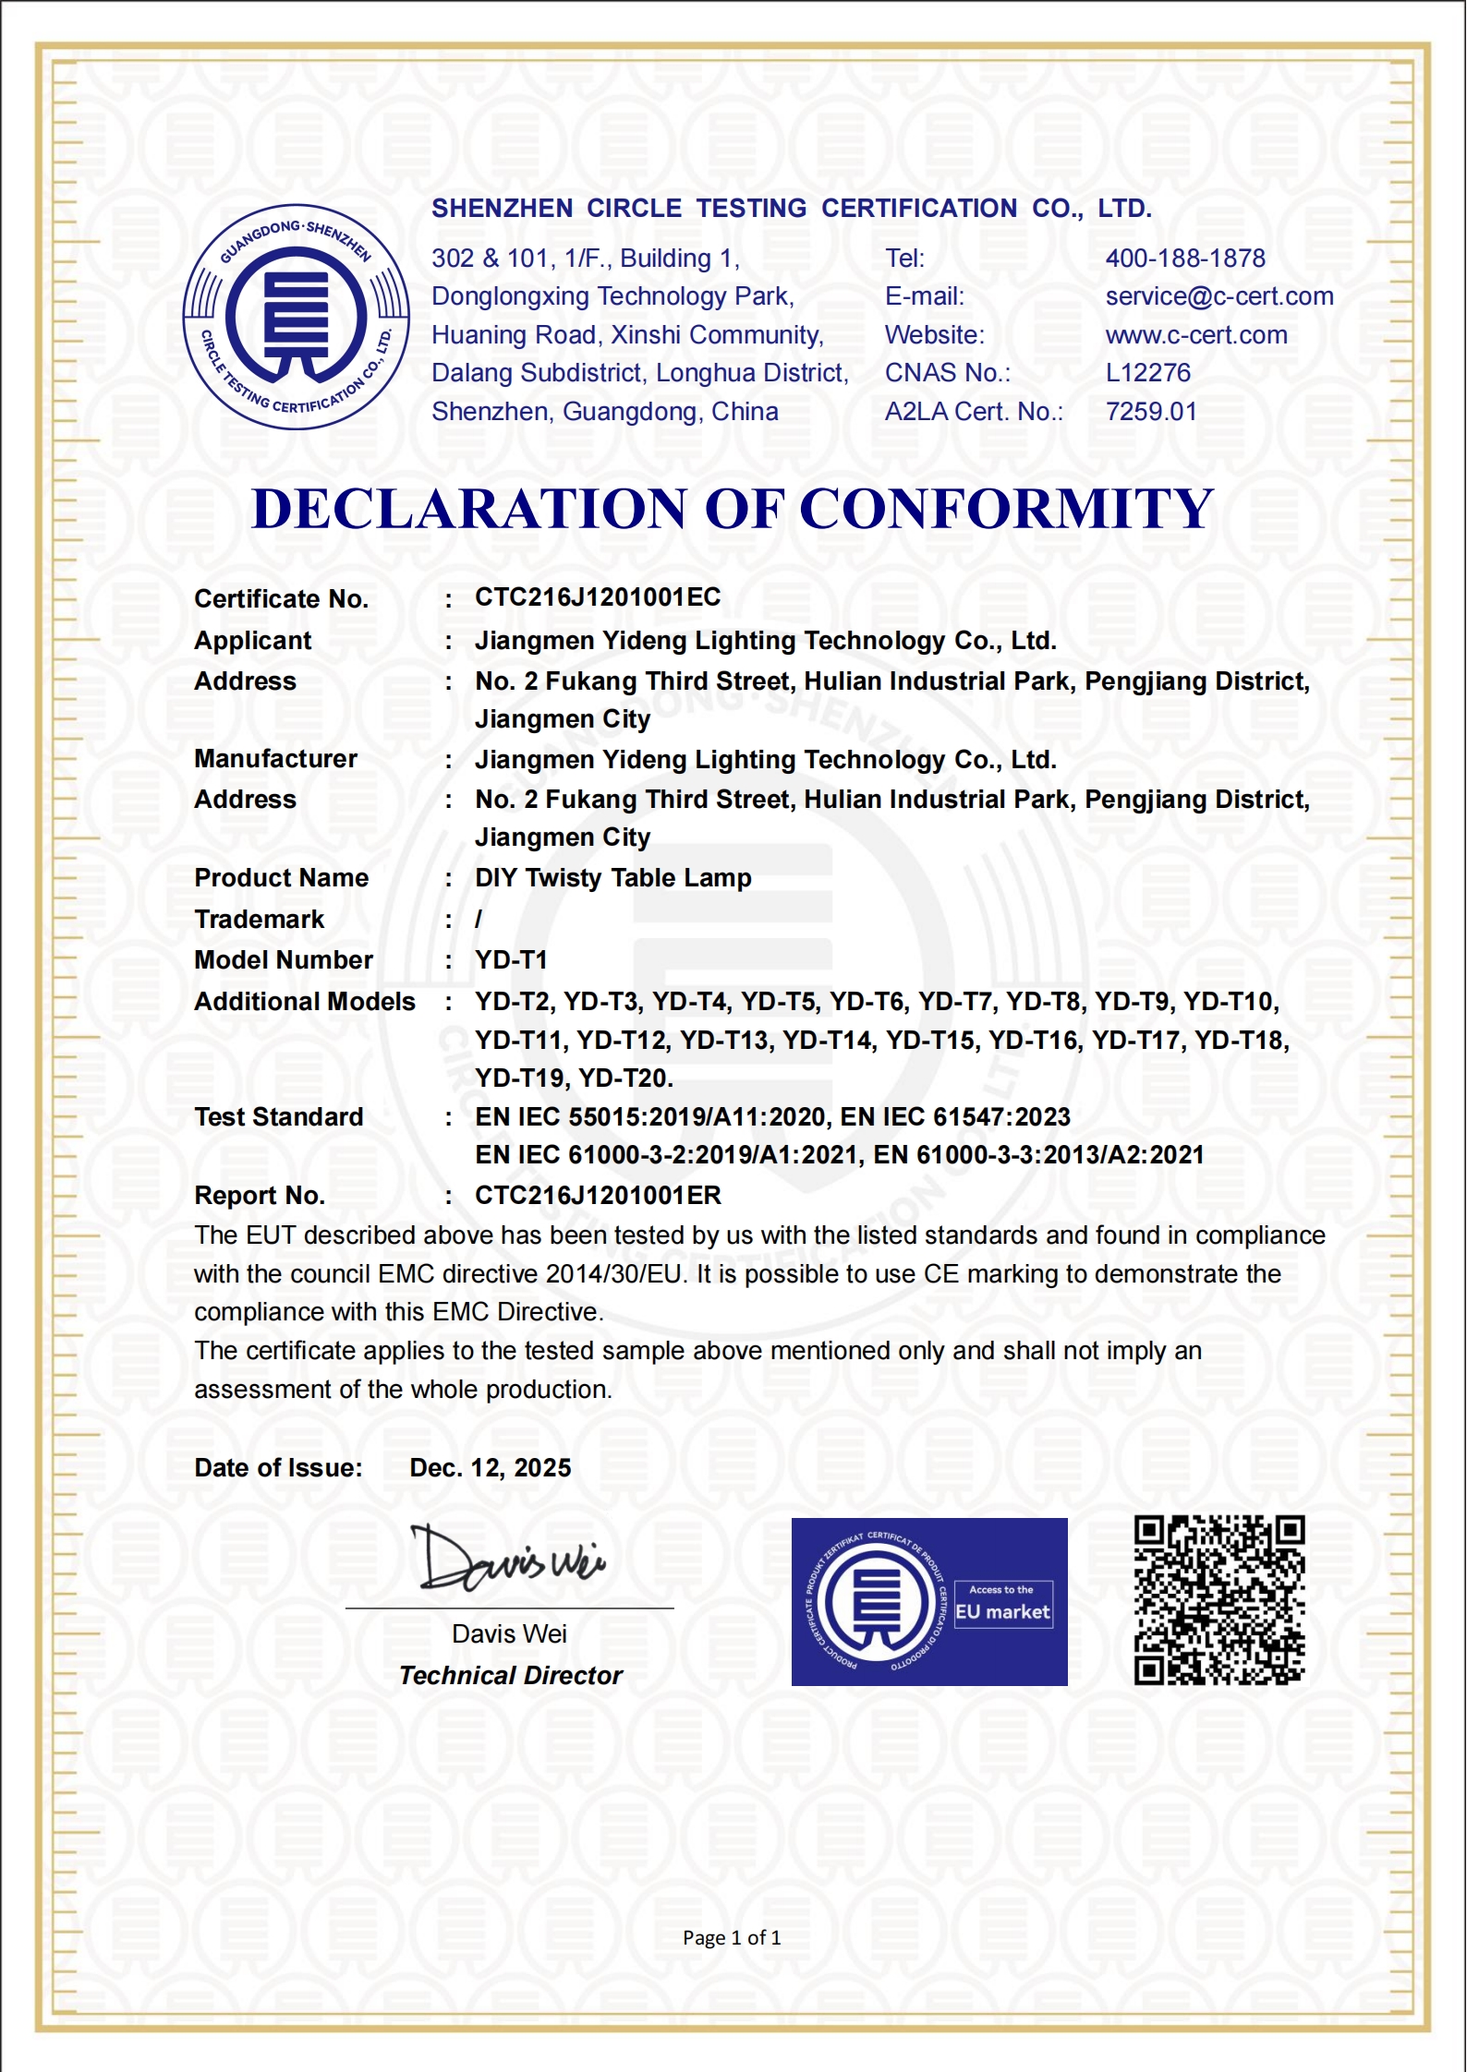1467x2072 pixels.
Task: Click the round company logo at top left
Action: [296, 317]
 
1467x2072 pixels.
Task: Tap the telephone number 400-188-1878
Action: [1185, 259]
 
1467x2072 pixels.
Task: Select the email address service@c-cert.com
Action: [1219, 296]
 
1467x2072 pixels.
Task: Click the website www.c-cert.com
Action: [1196, 335]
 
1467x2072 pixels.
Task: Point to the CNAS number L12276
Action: [1148, 373]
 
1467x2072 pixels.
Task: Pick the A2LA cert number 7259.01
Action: [1151, 412]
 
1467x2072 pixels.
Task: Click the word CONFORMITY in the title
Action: [1006, 509]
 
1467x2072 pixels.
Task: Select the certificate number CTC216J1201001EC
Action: [598, 597]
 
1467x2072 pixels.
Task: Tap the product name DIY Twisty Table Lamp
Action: [612, 878]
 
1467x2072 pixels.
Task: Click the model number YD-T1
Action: [511, 960]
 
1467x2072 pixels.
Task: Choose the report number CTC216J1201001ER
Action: [598, 1196]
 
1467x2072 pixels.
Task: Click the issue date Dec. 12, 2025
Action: [490, 1468]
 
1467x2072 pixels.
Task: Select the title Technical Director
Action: [510, 1676]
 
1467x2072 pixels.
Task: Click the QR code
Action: [1219, 1600]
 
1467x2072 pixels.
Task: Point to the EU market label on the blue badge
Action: [1002, 1612]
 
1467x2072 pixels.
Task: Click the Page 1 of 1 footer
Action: [732, 1938]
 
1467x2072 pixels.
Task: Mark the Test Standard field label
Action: [278, 1117]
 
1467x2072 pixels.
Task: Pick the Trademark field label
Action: [259, 920]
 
